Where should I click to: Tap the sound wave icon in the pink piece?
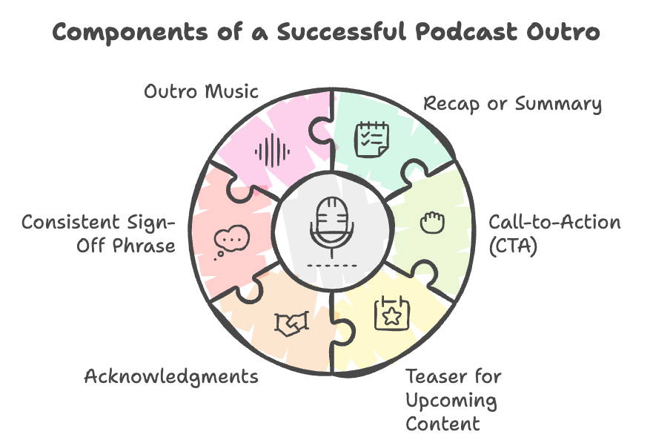click(x=272, y=151)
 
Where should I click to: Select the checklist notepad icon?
click(x=372, y=140)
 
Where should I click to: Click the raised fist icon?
click(x=432, y=222)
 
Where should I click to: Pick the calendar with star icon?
click(x=391, y=313)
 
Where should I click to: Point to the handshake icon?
click(x=291, y=323)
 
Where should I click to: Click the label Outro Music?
click(x=201, y=91)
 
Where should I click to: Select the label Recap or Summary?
click(x=512, y=104)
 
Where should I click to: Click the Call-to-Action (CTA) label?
click(x=554, y=234)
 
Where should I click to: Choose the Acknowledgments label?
click(x=171, y=377)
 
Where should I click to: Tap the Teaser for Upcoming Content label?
click(x=453, y=400)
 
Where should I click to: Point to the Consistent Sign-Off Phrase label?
click(x=99, y=234)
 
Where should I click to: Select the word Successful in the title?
click(x=342, y=32)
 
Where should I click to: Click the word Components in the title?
click(x=130, y=33)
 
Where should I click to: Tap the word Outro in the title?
click(x=563, y=33)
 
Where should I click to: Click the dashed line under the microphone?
click(x=332, y=266)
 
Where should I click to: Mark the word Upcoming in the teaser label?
click(x=451, y=401)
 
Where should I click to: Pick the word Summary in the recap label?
click(x=558, y=105)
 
